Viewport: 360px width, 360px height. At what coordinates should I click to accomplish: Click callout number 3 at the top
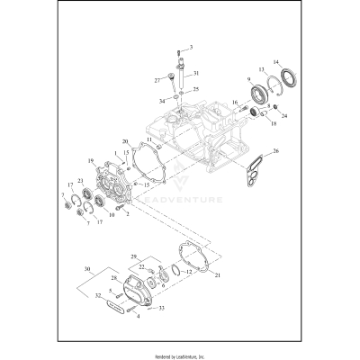190,45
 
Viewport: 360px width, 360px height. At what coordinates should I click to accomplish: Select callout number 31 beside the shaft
197,73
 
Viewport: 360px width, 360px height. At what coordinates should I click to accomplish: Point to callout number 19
90,160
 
